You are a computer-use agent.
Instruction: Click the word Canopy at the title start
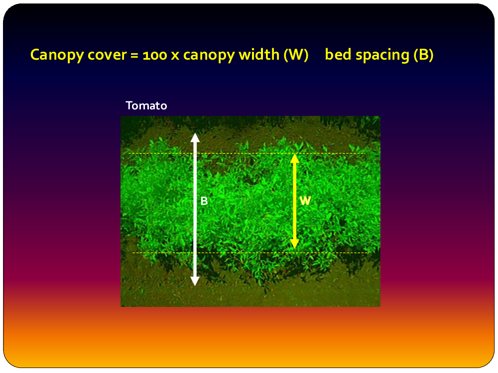click(57, 55)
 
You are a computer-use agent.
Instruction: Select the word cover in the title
click(107, 55)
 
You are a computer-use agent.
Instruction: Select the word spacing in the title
click(382, 55)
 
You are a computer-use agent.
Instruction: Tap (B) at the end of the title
click(423, 55)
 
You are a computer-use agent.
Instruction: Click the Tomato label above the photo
click(146, 105)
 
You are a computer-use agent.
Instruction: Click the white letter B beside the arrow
click(204, 201)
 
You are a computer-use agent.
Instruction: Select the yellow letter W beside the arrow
click(305, 201)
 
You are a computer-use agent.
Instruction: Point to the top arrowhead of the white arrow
click(195, 137)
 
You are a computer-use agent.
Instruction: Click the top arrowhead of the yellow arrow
click(295, 158)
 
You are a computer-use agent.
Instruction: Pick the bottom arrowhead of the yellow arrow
click(295, 244)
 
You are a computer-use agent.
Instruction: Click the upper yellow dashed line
click(247, 154)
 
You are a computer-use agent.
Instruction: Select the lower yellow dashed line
click(251, 253)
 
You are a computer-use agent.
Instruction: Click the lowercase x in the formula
click(175, 56)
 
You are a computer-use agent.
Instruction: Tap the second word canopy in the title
click(209, 55)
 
